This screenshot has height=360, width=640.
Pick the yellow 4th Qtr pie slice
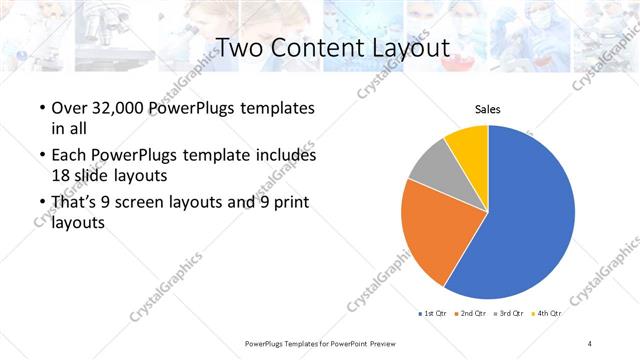[468, 145]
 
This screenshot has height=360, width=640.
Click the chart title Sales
[487, 110]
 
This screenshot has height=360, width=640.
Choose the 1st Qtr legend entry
[434, 314]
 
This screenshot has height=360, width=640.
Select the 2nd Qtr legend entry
[472, 314]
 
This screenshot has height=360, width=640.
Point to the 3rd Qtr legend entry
[511, 314]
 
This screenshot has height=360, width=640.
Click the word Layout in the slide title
[405, 47]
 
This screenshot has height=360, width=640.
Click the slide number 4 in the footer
[590, 343]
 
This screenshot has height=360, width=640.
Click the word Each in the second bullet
[68, 156]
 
